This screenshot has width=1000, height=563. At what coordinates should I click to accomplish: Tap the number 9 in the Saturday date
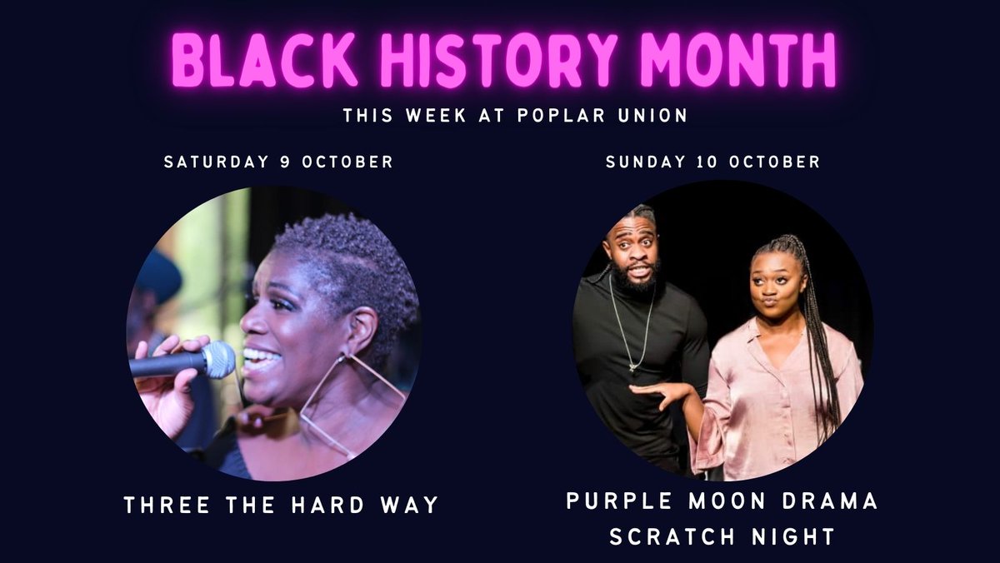286,162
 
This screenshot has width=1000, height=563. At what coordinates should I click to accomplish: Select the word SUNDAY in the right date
642,162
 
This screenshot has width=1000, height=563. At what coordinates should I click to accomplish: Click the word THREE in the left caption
160,505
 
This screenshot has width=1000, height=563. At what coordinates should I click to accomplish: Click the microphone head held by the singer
217,358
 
